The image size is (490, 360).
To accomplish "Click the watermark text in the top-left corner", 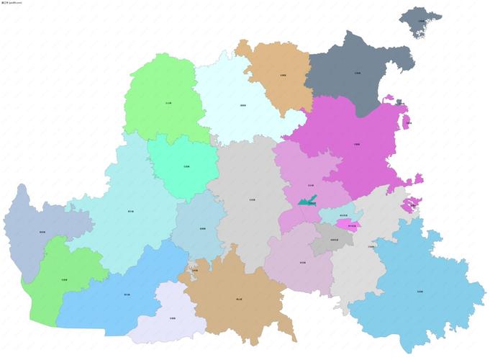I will click(12, 3).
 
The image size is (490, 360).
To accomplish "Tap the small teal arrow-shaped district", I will click(306, 200).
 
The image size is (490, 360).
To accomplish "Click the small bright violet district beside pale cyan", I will click(352, 225).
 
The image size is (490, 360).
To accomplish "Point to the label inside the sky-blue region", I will click(419, 291).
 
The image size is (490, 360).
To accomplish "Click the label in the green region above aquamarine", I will click(168, 104).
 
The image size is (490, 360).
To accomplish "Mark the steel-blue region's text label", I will click(42, 232).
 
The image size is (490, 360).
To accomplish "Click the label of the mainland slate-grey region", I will click(358, 73).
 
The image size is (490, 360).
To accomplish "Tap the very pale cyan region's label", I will click(243, 106).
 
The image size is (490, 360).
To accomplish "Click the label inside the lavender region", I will click(172, 318).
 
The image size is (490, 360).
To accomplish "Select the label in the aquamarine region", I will click(186, 166).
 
